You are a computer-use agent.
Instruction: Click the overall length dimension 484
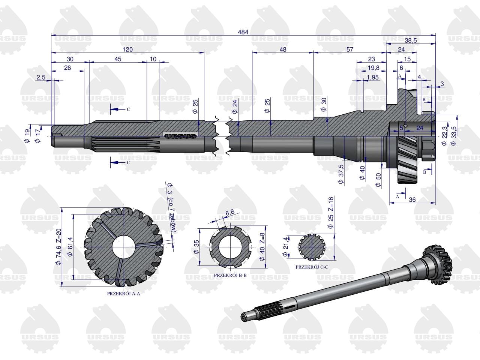243,32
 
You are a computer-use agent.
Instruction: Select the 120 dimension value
127,49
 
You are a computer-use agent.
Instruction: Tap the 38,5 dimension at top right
411,40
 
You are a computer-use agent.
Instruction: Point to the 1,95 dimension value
372,77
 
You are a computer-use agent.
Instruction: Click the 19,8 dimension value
373,68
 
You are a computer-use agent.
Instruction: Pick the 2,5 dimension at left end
41,77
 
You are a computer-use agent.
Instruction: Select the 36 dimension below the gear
412,200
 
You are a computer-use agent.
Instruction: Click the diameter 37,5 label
341,174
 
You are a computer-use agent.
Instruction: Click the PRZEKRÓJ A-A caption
123,294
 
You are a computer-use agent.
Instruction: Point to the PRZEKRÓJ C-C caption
312,267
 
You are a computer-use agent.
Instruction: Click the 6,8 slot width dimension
230,212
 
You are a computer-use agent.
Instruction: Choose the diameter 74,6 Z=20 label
58,247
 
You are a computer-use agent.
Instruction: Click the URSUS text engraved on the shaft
180,136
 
